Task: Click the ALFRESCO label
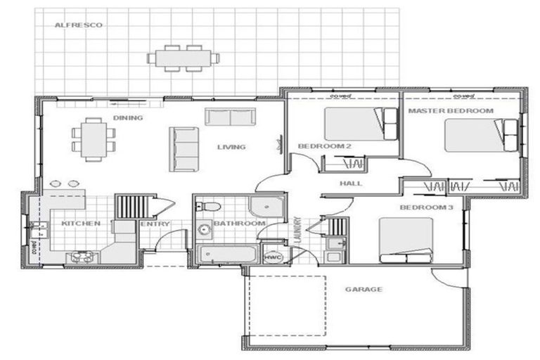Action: tap(79, 25)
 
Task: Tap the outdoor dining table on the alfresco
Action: tap(183, 58)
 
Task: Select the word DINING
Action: tap(128, 117)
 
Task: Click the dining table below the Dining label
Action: tap(93, 139)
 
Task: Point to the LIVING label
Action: tap(231, 147)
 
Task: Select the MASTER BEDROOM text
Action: tap(441, 111)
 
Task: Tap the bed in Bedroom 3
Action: tap(406, 240)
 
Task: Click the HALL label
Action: tap(350, 184)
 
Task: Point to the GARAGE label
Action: tap(364, 289)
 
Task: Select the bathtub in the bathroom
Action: tap(225, 254)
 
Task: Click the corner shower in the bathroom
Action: tap(267, 206)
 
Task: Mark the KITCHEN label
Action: tap(81, 224)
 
